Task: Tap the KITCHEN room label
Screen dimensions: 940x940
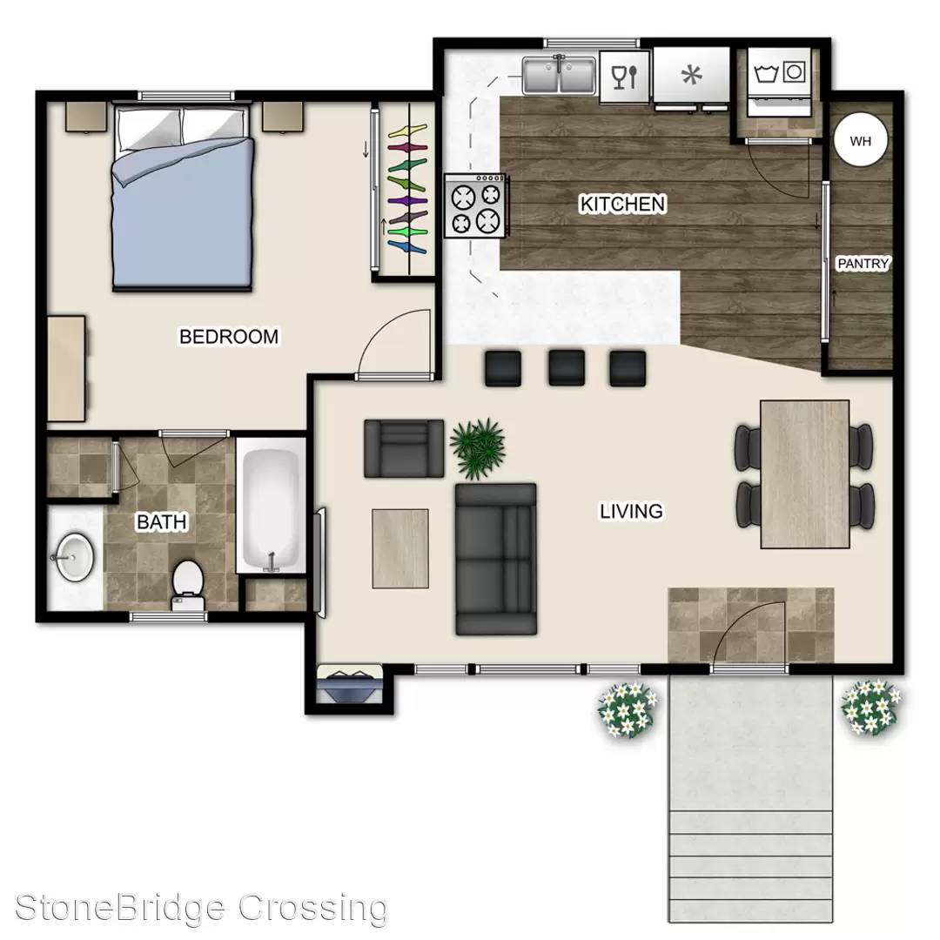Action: pyautogui.click(x=622, y=204)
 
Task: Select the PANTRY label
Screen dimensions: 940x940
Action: pyautogui.click(x=863, y=263)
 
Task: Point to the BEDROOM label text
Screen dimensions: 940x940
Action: pyautogui.click(x=229, y=336)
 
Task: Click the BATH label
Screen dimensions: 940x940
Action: pyautogui.click(x=162, y=521)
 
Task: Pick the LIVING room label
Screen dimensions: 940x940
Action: pyautogui.click(x=631, y=511)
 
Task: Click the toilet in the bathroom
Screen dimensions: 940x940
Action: pyautogui.click(x=188, y=585)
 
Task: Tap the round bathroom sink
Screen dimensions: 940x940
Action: pyautogui.click(x=74, y=557)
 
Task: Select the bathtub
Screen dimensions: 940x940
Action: pyautogui.click(x=271, y=507)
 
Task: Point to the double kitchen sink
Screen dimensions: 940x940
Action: pyautogui.click(x=559, y=76)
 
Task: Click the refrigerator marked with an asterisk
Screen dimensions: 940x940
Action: pyautogui.click(x=691, y=76)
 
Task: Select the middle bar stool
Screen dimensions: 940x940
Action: pyautogui.click(x=567, y=367)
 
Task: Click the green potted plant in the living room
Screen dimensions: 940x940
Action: pyautogui.click(x=477, y=448)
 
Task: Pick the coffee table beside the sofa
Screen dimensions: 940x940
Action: pyautogui.click(x=400, y=548)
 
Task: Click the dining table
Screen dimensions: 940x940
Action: pyautogui.click(x=804, y=474)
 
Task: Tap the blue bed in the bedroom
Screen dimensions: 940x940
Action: pyautogui.click(x=182, y=198)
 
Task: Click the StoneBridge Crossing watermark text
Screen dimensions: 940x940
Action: pyautogui.click(x=201, y=909)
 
